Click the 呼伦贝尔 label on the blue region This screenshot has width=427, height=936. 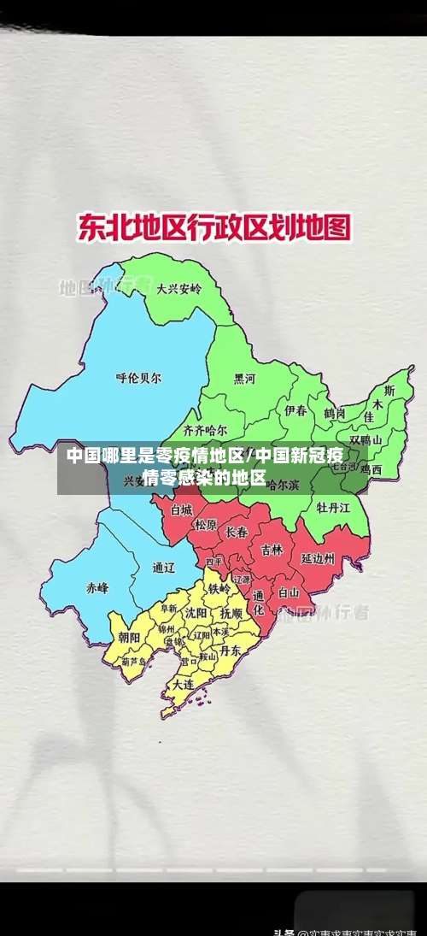point(138,377)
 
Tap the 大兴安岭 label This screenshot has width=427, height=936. point(179,290)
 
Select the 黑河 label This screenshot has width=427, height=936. point(245,379)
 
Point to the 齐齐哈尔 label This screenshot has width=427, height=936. point(206,430)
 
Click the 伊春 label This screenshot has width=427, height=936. point(295,411)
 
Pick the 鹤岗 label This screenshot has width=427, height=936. point(334,413)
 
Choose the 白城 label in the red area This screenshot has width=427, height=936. point(182,509)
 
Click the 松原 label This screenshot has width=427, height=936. point(206,525)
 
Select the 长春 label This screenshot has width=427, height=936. point(237,532)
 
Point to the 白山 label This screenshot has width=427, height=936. point(289,592)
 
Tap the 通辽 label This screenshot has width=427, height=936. point(163,567)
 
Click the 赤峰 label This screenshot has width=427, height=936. point(97,588)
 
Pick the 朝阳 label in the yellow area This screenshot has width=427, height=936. point(130,637)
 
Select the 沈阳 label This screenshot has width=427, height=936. point(196,613)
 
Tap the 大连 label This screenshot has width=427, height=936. point(183,685)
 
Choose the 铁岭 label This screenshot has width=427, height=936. point(219,589)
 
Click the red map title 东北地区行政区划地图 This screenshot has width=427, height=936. point(213,228)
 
